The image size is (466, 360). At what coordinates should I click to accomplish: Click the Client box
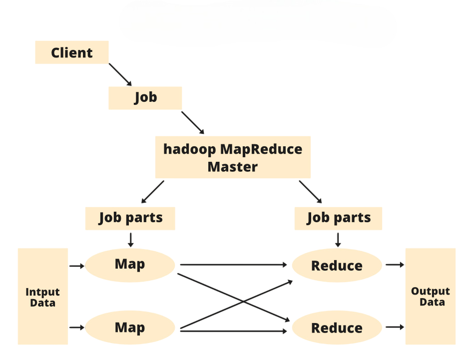tap(71, 52)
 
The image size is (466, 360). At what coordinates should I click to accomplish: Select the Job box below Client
tap(145, 98)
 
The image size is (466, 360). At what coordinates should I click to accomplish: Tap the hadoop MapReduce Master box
tap(233, 157)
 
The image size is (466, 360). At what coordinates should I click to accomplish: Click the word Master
tap(233, 167)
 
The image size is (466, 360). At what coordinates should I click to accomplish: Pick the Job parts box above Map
tap(130, 218)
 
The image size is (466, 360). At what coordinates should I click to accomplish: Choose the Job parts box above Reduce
tap(338, 218)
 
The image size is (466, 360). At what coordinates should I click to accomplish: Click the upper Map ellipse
tap(130, 264)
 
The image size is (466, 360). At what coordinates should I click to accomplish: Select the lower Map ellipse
tap(130, 328)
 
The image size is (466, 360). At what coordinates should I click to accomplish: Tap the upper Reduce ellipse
tap(337, 265)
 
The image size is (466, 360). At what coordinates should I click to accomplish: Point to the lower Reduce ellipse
tap(337, 328)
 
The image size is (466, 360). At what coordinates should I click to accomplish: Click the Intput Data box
tap(42, 297)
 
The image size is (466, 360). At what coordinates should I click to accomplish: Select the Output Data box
tap(430, 297)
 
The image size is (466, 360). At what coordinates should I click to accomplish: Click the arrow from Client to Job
tap(120, 74)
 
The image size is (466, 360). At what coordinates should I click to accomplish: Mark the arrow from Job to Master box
tap(193, 123)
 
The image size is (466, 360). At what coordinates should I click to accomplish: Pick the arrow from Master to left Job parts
tap(152, 192)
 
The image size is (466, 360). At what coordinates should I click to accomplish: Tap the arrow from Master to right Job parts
tap(310, 192)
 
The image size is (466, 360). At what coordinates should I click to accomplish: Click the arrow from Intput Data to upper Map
tap(76, 266)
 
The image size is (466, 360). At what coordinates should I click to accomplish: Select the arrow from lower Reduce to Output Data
tap(395, 328)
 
